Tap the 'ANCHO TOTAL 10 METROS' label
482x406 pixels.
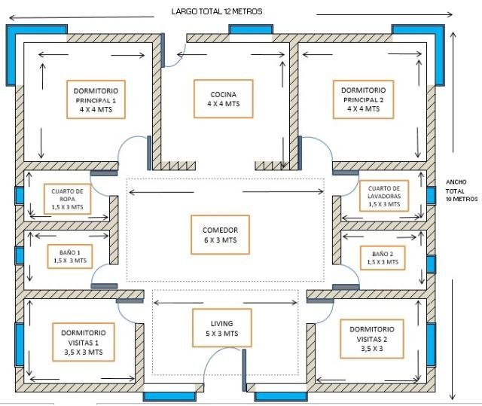click(462, 190)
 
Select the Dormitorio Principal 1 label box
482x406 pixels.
click(96, 99)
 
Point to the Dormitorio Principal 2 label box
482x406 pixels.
click(363, 99)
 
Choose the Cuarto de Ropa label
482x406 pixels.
click(67, 198)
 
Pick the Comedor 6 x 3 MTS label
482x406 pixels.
click(221, 234)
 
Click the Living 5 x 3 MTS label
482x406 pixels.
click(221, 328)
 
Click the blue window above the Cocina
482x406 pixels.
click(251, 29)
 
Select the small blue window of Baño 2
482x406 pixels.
click(430, 264)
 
